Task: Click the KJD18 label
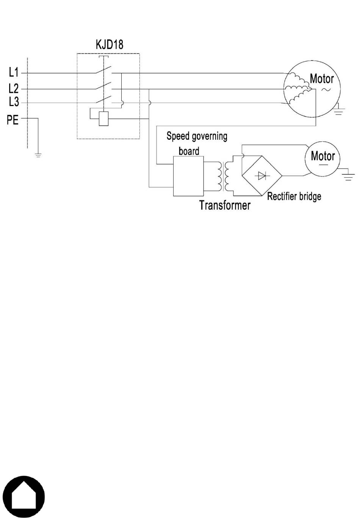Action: coord(110,45)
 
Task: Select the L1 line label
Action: coord(14,72)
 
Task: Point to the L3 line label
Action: coord(14,102)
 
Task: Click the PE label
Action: coord(13,120)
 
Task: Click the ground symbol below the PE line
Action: coord(38,155)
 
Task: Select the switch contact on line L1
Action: coord(103,70)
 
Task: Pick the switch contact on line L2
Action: coord(103,86)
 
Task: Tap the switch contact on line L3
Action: coord(103,100)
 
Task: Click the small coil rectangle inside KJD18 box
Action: coord(103,119)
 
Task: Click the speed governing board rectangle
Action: coord(188,176)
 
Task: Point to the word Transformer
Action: coord(225,205)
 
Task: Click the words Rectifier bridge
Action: coord(294,197)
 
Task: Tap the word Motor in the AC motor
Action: coord(322,79)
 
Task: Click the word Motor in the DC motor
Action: coord(323,156)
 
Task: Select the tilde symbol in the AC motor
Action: coord(326,89)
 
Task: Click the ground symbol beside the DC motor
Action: coord(348,176)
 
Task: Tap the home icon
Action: coord(24,497)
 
